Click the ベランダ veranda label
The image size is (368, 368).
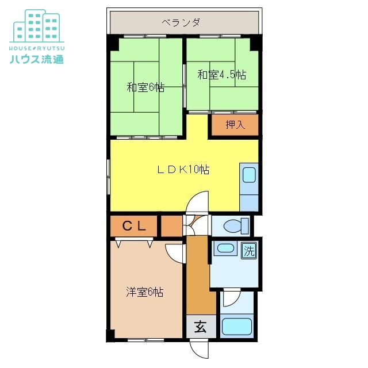pos(181,22)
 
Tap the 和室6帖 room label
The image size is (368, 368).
pos(145,87)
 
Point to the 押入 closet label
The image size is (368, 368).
pos(235,124)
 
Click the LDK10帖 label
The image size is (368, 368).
pos(183,170)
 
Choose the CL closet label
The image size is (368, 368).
pos(133,226)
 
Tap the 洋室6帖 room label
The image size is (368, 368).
pos(145,292)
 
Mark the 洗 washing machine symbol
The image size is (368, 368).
pos(248,251)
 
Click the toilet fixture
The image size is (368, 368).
pos(236,225)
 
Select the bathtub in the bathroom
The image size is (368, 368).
pos(236,325)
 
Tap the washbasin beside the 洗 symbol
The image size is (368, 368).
pos(224,250)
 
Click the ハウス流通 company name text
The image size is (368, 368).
pos(36,59)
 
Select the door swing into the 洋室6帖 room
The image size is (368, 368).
pos(174,252)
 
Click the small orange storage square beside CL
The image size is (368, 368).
pos(171,226)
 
